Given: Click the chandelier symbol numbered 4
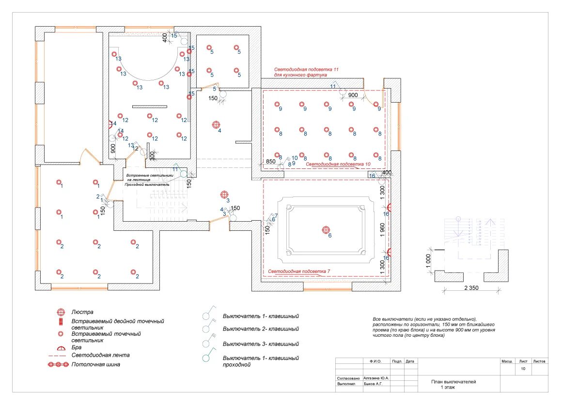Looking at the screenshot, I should coord(216,125).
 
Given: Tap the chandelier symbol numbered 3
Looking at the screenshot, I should coord(224,195).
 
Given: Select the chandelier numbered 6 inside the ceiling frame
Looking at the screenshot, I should coord(326,230).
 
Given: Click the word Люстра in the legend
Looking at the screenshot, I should coord(82,312).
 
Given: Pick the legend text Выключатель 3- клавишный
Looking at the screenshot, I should coord(261,344).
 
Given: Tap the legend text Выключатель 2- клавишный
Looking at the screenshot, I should coord(261,329).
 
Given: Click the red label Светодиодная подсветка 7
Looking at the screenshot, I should coord(299,271).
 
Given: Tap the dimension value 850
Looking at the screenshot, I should coord(270,161).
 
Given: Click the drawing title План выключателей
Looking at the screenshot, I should coord(453,382).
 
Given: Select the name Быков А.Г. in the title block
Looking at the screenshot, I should coord(375,384).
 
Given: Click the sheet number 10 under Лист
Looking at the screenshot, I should coord(523,369).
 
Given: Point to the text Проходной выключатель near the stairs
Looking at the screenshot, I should coord(147,184).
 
